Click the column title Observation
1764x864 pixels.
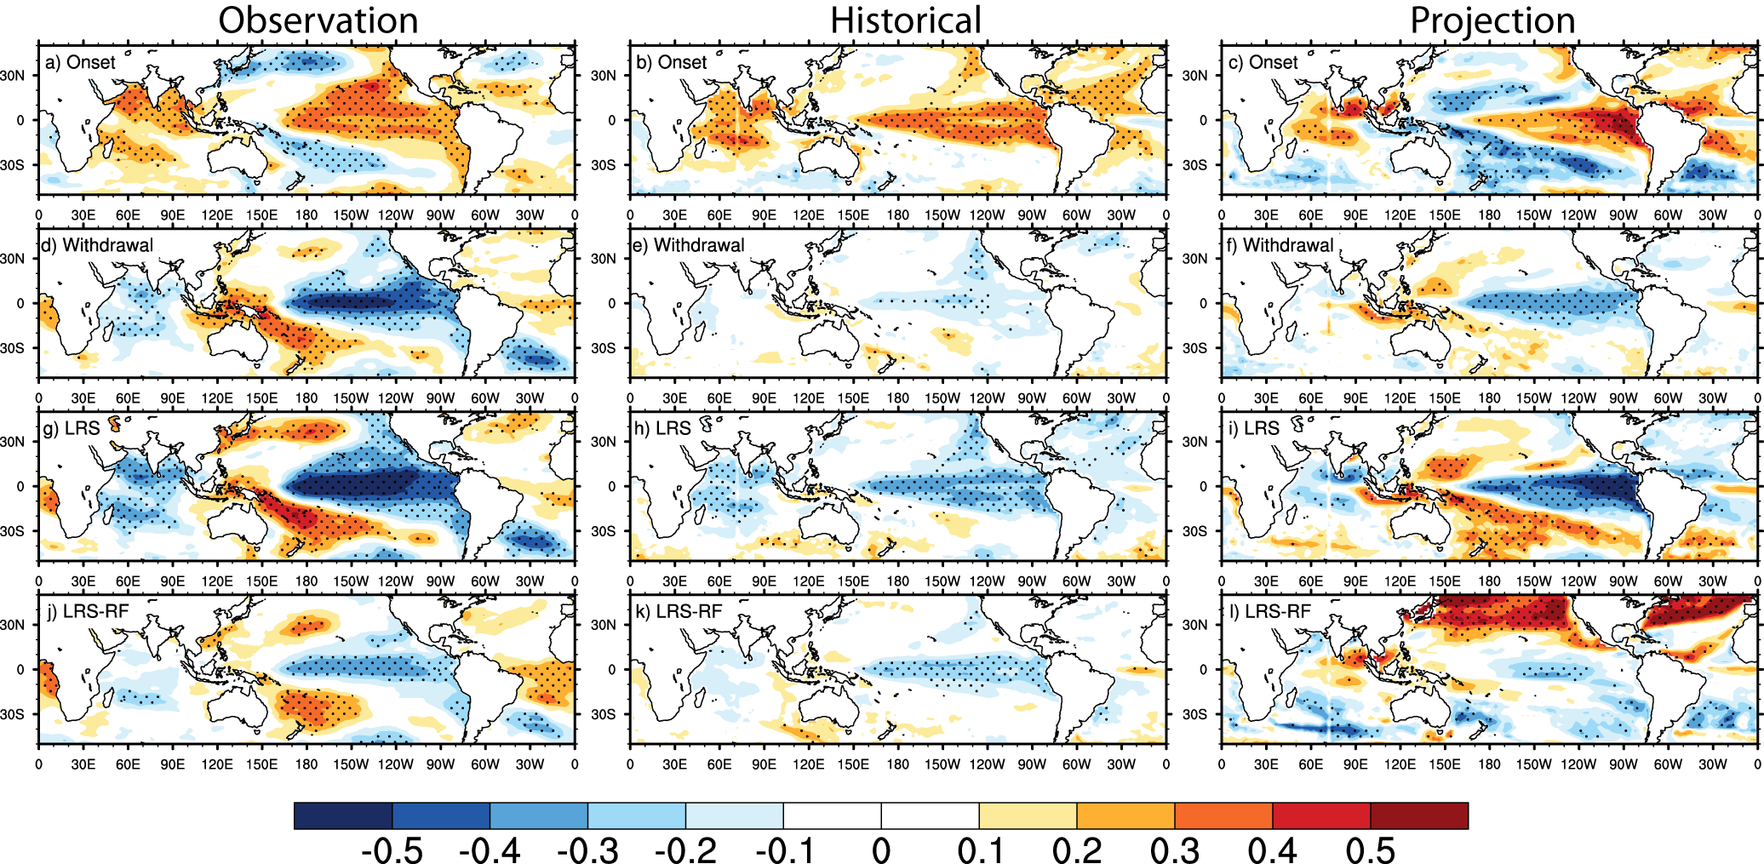[318, 20]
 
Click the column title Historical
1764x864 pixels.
[906, 20]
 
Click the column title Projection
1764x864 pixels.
[1492, 20]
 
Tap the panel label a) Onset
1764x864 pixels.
[80, 62]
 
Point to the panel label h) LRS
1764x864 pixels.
[662, 428]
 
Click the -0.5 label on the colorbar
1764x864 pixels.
[392, 850]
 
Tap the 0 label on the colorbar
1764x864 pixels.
[881, 850]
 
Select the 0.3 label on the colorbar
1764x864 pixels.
[1174, 850]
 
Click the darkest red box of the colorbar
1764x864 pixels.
[1418, 815]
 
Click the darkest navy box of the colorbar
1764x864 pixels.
[342, 815]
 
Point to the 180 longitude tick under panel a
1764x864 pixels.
[306, 215]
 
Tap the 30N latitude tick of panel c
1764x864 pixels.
[1194, 75]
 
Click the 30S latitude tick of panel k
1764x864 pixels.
[603, 714]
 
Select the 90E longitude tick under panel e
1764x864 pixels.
[764, 398]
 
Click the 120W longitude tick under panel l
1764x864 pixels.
[1578, 764]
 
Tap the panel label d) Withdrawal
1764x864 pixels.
[97, 245]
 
